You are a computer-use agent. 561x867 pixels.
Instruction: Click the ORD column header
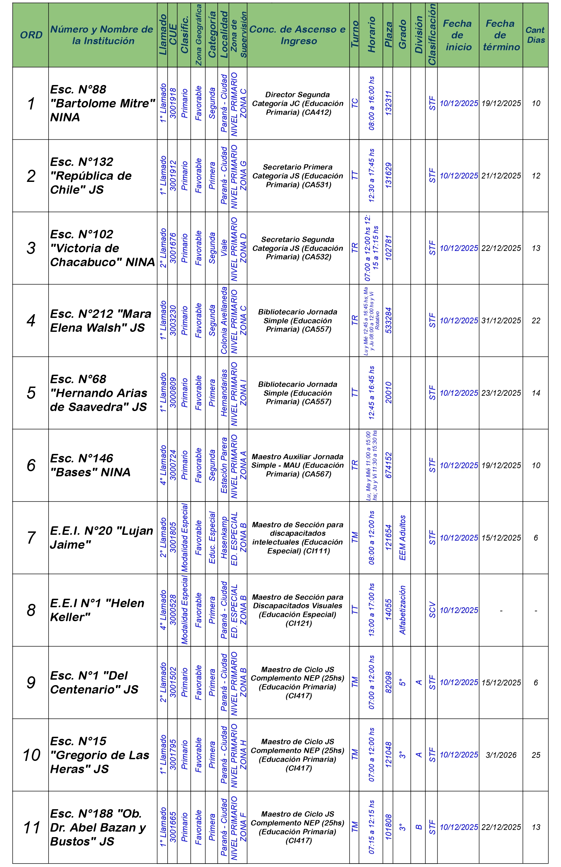click(x=31, y=35)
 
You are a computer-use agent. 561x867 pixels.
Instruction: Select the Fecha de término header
click(x=501, y=35)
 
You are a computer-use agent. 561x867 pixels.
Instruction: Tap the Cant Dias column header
click(x=535, y=35)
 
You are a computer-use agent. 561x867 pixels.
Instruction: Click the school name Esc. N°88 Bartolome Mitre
click(x=102, y=103)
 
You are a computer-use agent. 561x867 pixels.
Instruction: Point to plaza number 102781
click(x=388, y=248)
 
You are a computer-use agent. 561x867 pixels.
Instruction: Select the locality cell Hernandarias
click(x=224, y=393)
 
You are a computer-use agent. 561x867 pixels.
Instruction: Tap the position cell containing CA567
click(x=297, y=465)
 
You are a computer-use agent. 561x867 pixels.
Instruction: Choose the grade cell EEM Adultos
click(x=402, y=538)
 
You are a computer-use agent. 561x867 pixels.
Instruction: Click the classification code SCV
click(x=432, y=610)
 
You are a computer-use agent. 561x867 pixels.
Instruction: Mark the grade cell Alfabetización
click(x=402, y=610)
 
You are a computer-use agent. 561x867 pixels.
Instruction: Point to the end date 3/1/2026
click(x=501, y=755)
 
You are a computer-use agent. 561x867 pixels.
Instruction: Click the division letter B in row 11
click(x=418, y=827)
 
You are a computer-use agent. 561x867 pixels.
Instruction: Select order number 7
click(x=31, y=538)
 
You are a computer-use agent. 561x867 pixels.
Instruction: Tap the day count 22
click(x=535, y=321)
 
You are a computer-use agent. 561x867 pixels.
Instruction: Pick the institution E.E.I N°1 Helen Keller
click(x=97, y=610)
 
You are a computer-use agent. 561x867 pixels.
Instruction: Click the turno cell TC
click(x=354, y=103)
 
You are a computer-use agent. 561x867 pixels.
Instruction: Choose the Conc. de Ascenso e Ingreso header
click(x=297, y=35)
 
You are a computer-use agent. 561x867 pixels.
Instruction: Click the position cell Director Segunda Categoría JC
click(x=297, y=103)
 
